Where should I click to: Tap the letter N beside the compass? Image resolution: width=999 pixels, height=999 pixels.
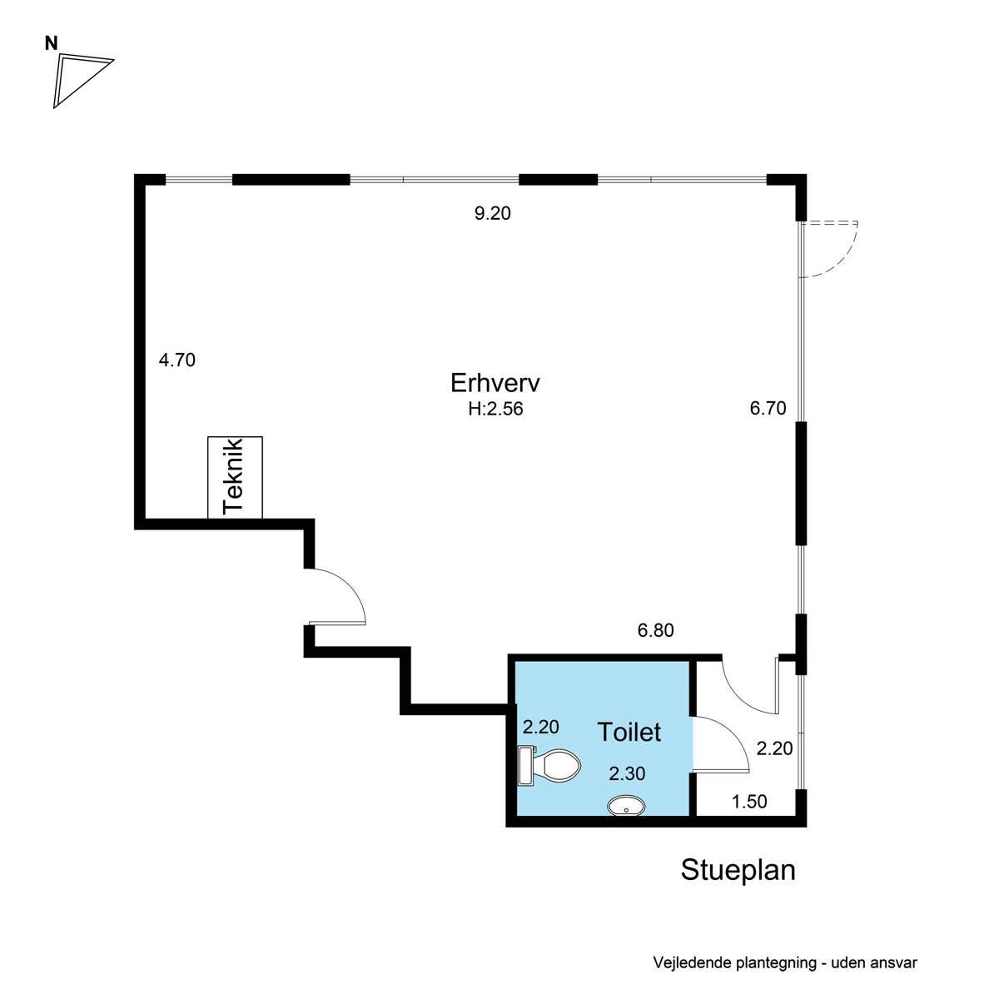pyautogui.click(x=51, y=44)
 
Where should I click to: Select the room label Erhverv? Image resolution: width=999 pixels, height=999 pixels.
pyautogui.click(x=495, y=383)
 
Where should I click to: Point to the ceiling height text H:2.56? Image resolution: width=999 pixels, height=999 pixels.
pyautogui.click(x=495, y=409)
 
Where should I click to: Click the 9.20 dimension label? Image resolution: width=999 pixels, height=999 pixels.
pyautogui.click(x=492, y=213)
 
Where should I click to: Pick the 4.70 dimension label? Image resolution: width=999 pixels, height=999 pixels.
pyautogui.click(x=176, y=360)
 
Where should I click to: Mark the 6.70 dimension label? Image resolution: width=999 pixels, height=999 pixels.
pyautogui.click(x=768, y=409)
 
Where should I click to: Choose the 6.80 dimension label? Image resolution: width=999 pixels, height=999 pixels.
pyautogui.click(x=655, y=630)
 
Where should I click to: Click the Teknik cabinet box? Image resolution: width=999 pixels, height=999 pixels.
pyautogui.click(x=235, y=478)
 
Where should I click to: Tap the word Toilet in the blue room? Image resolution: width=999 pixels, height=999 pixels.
pyautogui.click(x=629, y=732)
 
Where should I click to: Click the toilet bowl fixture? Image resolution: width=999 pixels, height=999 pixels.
pyautogui.click(x=549, y=766)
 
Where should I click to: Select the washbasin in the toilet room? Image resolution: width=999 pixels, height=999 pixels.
pyautogui.click(x=626, y=807)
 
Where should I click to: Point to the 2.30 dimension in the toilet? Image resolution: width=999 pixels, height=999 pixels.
pyautogui.click(x=626, y=773)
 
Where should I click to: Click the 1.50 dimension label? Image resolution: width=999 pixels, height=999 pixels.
pyautogui.click(x=748, y=802)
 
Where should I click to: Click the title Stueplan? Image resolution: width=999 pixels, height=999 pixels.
pyautogui.click(x=738, y=869)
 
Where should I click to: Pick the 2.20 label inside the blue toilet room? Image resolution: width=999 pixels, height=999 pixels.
pyautogui.click(x=540, y=727)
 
